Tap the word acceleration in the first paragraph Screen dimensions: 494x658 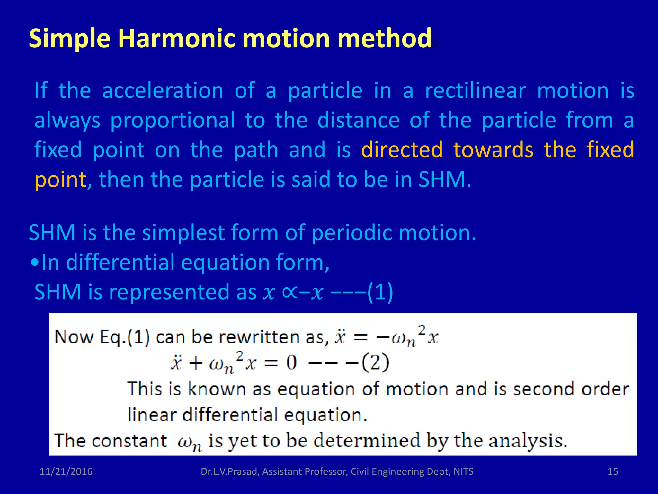[x=163, y=91]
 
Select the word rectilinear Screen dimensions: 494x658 [x=475, y=91]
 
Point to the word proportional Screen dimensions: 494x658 [x=173, y=120]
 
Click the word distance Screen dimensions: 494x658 [x=358, y=120]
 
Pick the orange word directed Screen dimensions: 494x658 [x=402, y=150]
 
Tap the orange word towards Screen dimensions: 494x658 [x=493, y=150]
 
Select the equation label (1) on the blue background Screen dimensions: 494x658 [x=380, y=292]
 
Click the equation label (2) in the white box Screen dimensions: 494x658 [x=375, y=363]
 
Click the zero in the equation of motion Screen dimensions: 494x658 [x=291, y=363]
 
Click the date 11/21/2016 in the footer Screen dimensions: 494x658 [x=66, y=471]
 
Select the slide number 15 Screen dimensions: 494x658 [x=613, y=471]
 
